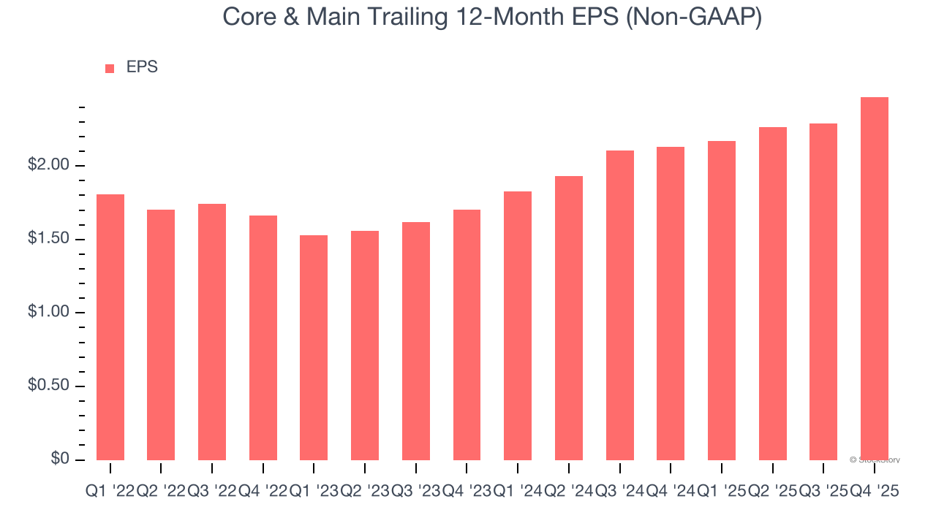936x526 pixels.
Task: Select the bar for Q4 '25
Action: pyautogui.click(x=875, y=278)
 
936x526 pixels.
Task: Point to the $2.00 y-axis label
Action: pyautogui.click(x=50, y=165)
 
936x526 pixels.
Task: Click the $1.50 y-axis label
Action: pyautogui.click(x=50, y=240)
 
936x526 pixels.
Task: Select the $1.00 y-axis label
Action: pyautogui.click(x=50, y=313)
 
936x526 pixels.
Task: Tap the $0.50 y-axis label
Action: pyautogui.click(x=50, y=386)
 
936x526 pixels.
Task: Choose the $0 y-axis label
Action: pyautogui.click(x=60, y=459)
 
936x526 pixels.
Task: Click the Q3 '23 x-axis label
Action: pyautogui.click(x=416, y=492)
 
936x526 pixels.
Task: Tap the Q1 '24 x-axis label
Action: pyautogui.click(x=518, y=492)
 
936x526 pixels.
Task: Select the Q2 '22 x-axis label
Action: pyautogui.click(x=161, y=492)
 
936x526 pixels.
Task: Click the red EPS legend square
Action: pyautogui.click(x=110, y=69)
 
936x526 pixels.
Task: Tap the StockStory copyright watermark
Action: pyautogui.click(x=875, y=460)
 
